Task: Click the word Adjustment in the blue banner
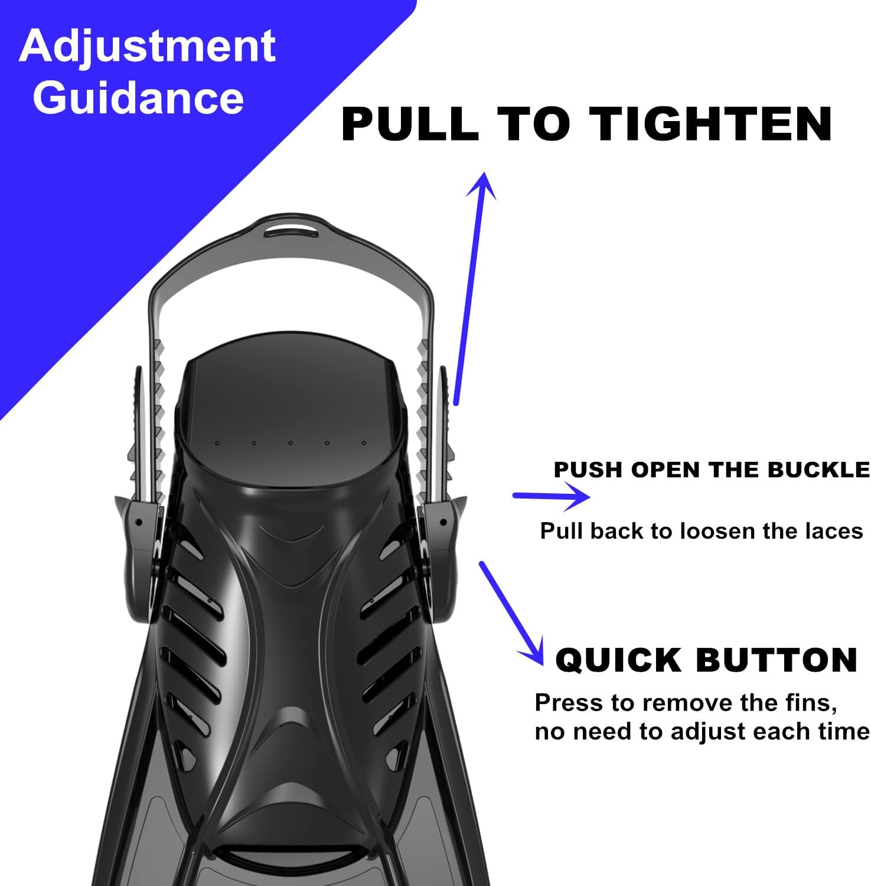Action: pos(147,47)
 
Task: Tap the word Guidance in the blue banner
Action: pos(138,97)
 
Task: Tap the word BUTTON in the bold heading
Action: pos(777,660)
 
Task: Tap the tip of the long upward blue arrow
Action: pos(485,174)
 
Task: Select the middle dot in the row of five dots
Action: pos(290,442)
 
